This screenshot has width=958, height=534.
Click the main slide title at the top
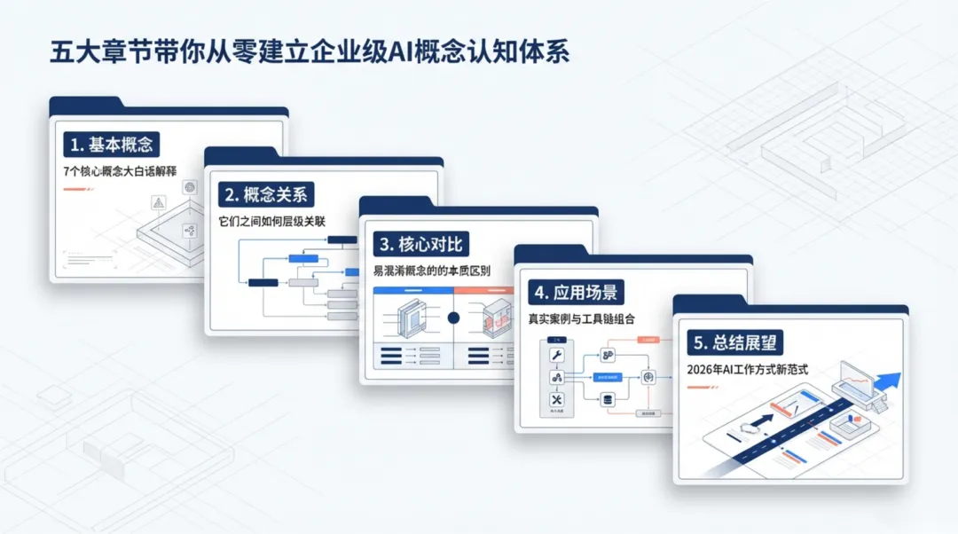(309, 51)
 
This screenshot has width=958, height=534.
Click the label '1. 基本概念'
(109, 145)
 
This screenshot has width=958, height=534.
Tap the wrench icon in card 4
(558, 356)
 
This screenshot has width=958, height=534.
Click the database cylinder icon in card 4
(609, 399)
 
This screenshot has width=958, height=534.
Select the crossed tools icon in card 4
(558, 399)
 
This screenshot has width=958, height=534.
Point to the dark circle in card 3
(453, 318)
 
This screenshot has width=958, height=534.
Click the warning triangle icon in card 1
(159, 203)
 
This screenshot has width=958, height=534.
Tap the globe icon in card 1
(188, 186)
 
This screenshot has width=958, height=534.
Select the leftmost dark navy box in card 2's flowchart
(263, 283)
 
